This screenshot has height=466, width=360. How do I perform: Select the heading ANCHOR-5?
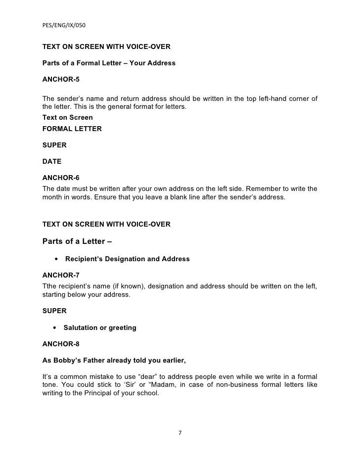[61, 79]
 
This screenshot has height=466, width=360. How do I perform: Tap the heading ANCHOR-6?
[61, 178]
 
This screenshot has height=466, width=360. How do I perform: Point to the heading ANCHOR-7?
[61, 275]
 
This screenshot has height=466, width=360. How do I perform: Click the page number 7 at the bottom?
[180, 433]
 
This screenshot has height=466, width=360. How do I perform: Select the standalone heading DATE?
[52, 162]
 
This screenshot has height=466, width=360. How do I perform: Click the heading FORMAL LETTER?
[72, 129]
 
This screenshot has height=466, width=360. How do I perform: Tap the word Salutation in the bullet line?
[82, 327]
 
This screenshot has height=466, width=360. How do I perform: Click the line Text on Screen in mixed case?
[67, 118]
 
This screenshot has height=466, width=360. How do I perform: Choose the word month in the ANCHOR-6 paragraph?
[53, 197]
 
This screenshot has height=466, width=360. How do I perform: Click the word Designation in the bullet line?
[125, 259]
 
